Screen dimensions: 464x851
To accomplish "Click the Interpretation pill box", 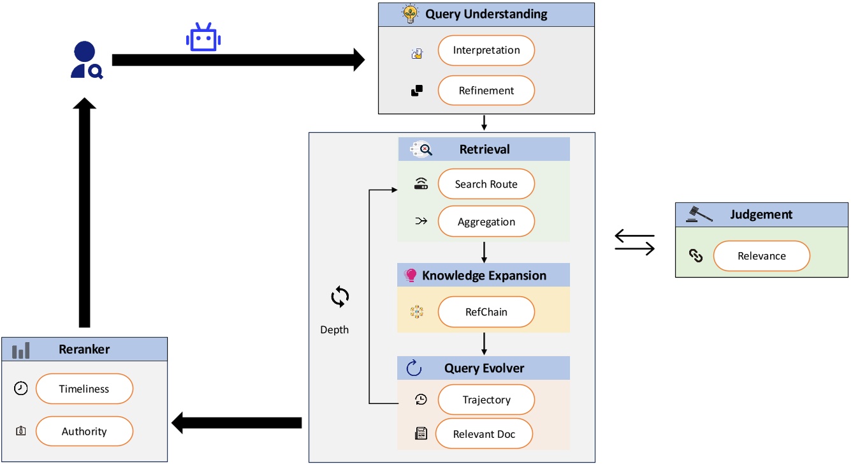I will [x=486, y=50].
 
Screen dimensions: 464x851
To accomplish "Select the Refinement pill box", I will [x=486, y=91].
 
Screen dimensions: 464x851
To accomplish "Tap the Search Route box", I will [x=486, y=184].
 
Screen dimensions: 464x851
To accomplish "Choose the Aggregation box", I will [x=486, y=222].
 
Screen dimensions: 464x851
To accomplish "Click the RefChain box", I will [x=486, y=313].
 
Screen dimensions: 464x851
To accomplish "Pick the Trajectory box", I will [x=486, y=400].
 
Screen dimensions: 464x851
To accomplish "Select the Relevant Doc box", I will [x=484, y=435].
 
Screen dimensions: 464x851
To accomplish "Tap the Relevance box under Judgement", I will [x=761, y=256].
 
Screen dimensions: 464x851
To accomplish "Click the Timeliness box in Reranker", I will [x=84, y=389].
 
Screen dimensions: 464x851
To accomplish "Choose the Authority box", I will [x=84, y=431].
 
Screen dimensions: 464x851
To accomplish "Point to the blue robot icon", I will [x=203, y=38].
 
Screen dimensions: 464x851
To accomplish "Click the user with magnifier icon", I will [x=86, y=61].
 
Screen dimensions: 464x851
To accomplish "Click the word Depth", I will [x=334, y=330].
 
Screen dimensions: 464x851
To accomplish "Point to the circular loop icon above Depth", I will [x=339, y=297].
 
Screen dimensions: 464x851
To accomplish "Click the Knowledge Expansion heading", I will [x=484, y=276].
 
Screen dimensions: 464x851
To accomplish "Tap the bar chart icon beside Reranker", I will [x=21, y=350].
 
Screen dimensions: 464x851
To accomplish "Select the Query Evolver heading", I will [x=484, y=368].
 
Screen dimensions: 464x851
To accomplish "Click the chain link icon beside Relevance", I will [x=696, y=257].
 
